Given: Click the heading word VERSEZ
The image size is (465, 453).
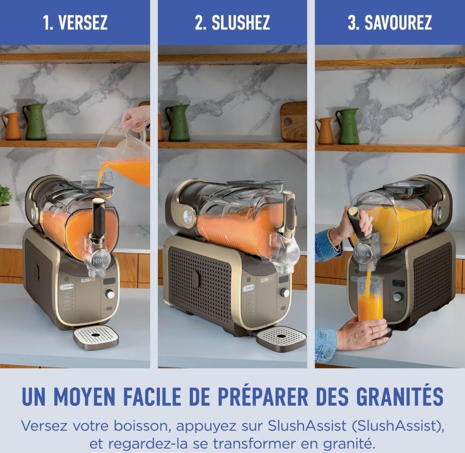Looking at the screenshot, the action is tap(83, 22).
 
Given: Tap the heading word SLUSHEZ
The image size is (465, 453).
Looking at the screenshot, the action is tap(241, 22).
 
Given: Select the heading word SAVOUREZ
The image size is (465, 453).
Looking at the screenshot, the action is tap(398, 22).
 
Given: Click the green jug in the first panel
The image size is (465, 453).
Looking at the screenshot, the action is tap(35, 122).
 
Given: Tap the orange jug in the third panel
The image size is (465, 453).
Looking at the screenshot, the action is tap(325, 130).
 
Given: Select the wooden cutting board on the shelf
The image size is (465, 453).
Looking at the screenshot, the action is tap(294, 121).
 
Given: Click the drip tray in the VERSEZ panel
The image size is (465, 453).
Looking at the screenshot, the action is tap(96, 337).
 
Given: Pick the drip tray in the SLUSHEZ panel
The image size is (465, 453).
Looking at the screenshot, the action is tap(281, 338).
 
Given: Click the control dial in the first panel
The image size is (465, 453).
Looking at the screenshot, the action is tap(110, 294).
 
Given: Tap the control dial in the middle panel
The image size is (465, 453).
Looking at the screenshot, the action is tap(284, 292).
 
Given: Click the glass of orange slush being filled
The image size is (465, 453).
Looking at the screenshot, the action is tap(370, 299).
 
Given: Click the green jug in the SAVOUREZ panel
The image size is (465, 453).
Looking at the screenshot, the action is tap(348, 126).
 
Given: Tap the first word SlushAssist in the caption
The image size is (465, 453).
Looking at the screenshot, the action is tap(307, 426).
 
